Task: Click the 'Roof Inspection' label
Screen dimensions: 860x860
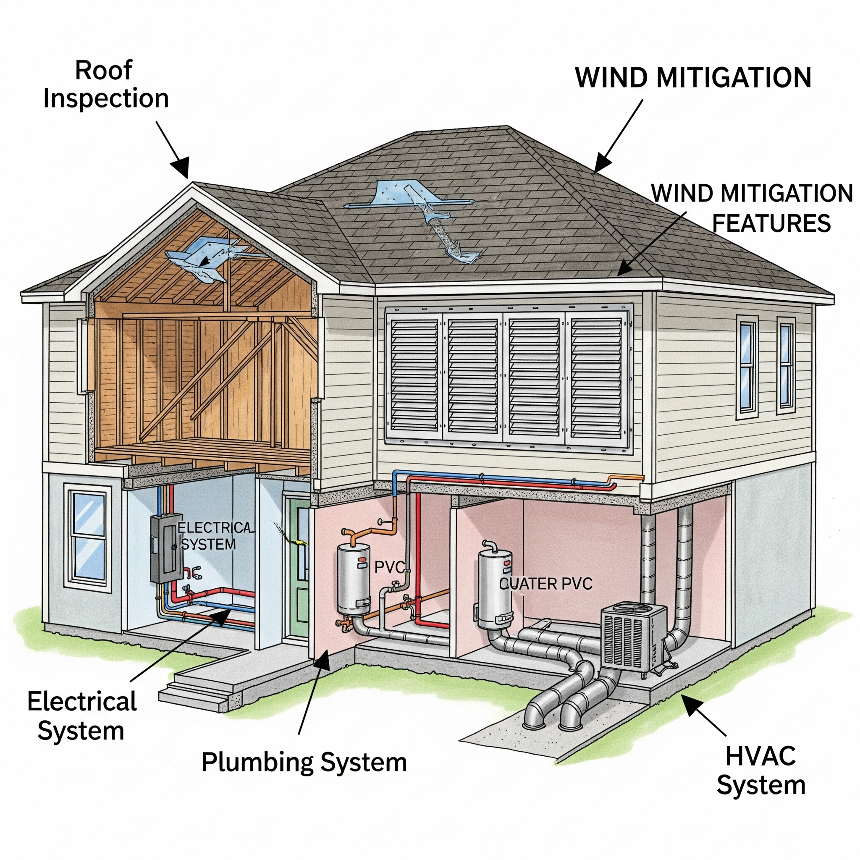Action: (105, 84)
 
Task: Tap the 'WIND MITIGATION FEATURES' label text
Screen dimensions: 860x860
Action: (752, 208)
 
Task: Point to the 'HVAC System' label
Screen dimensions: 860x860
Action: (761, 771)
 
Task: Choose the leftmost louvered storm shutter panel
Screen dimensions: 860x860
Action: (414, 376)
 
